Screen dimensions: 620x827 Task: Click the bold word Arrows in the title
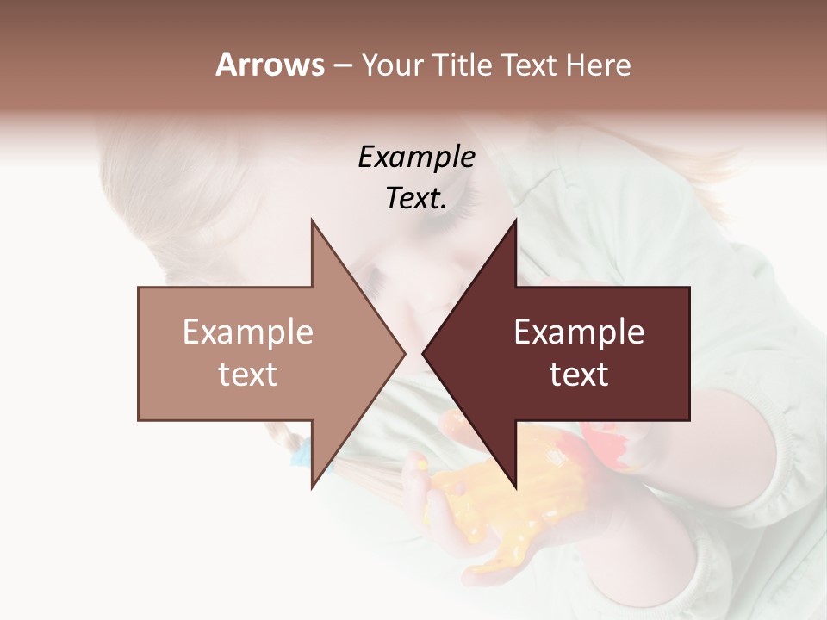(270, 65)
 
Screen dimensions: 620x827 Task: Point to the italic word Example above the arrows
(416, 157)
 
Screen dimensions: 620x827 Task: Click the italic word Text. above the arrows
(416, 198)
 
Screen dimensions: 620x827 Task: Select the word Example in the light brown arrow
(248, 332)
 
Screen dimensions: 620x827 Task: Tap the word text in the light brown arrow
(248, 375)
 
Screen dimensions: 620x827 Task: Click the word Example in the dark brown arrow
(579, 332)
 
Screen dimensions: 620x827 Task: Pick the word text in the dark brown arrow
(579, 375)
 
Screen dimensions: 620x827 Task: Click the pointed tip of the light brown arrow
(403, 353)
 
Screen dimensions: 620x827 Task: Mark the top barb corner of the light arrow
(312, 221)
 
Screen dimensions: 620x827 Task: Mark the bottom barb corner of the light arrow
(312, 487)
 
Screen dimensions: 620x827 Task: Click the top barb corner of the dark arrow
(515, 221)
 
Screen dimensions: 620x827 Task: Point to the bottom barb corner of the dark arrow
(515, 487)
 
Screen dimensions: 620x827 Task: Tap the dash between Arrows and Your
(342, 66)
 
